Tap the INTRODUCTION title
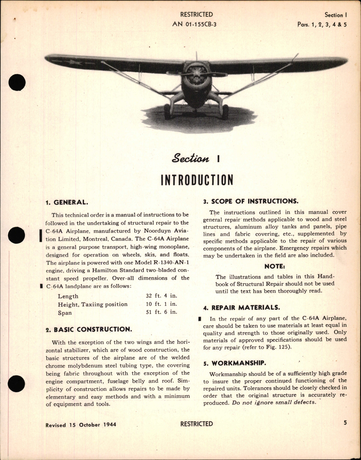point(197,180)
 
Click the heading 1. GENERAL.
point(67,203)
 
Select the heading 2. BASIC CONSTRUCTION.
point(89,329)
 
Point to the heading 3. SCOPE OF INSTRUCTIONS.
point(251,201)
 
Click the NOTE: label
point(275,266)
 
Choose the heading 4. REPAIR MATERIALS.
point(241,308)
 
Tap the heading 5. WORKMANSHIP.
point(234,363)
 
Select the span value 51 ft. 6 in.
point(161,312)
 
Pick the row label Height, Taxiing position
point(92,304)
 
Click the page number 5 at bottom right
point(345,423)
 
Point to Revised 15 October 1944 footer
point(81,424)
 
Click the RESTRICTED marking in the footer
point(197,424)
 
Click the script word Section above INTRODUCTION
point(190,159)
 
